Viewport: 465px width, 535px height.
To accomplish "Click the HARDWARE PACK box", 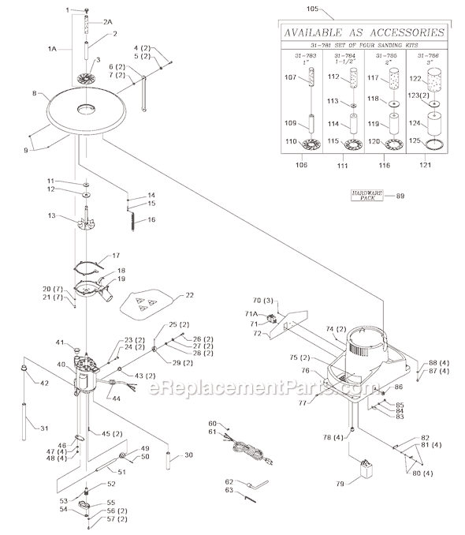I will coord(367,196).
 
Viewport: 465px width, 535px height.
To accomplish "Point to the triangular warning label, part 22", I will coord(147,300).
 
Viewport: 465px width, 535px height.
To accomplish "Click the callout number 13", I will coord(52,215).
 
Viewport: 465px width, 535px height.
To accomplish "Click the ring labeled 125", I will coord(430,143).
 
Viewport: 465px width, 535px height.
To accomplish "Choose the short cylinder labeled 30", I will coord(169,458).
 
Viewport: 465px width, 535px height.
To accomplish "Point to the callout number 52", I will coord(111,484).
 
